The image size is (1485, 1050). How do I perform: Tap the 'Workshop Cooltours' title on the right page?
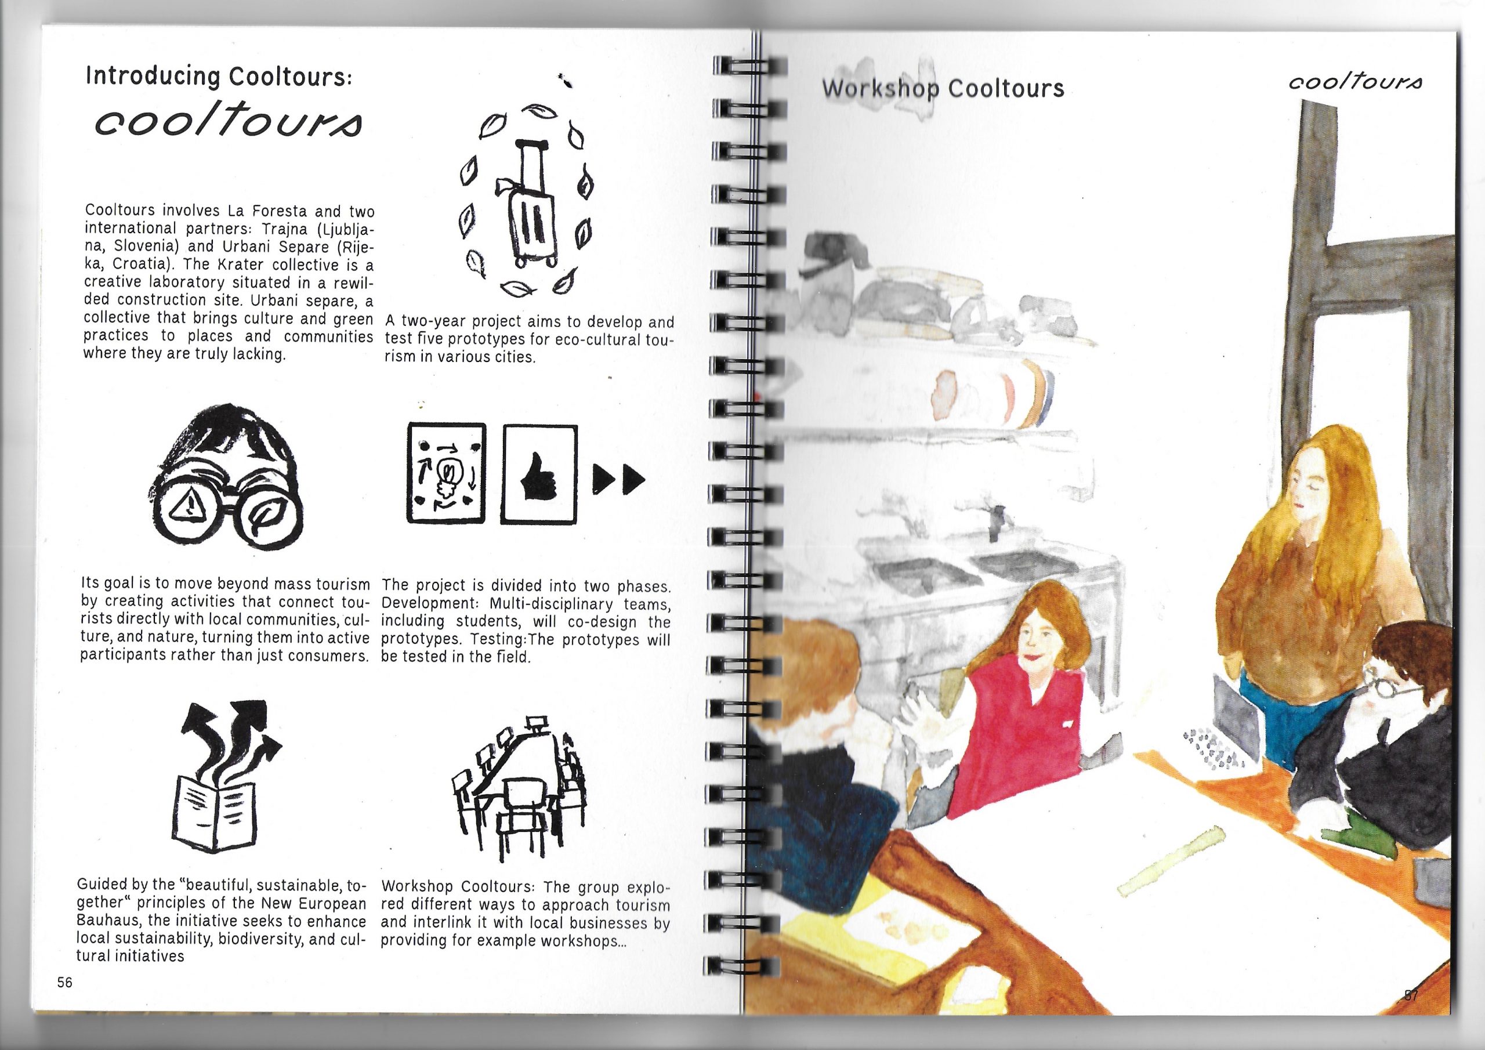pyautogui.click(x=943, y=88)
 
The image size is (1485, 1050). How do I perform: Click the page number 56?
pyautogui.click(x=64, y=982)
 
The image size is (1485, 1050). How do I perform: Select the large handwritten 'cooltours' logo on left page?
pyautogui.click(x=229, y=122)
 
